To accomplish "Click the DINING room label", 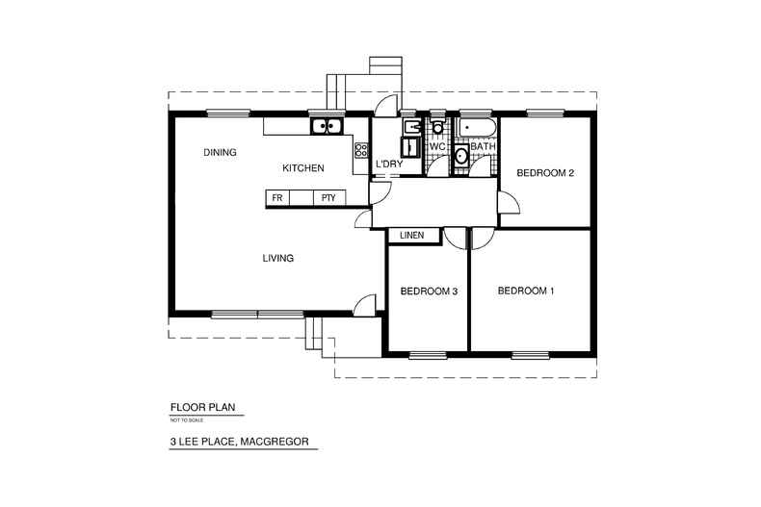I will (x=221, y=153).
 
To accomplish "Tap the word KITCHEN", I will (x=302, y=168).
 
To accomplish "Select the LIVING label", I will (x=277, y=258).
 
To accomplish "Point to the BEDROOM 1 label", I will (x=526, y=290).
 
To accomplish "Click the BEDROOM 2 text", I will (x=545, y=173).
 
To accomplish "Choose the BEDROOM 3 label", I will (x=428, y=291).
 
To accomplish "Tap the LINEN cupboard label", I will (x=413, y=234).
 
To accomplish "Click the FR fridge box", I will (x=277, y=197).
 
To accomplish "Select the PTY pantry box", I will (x=328, y=197).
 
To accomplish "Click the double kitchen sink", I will (x=326, y=125).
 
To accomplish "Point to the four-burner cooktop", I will (x=361, y=149).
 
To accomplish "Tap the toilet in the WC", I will (x=437, y=128).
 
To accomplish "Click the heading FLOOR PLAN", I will (x=203, y=407).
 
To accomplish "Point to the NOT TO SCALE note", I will (x=183, y=419).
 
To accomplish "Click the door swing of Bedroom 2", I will (x=508, y=204).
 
